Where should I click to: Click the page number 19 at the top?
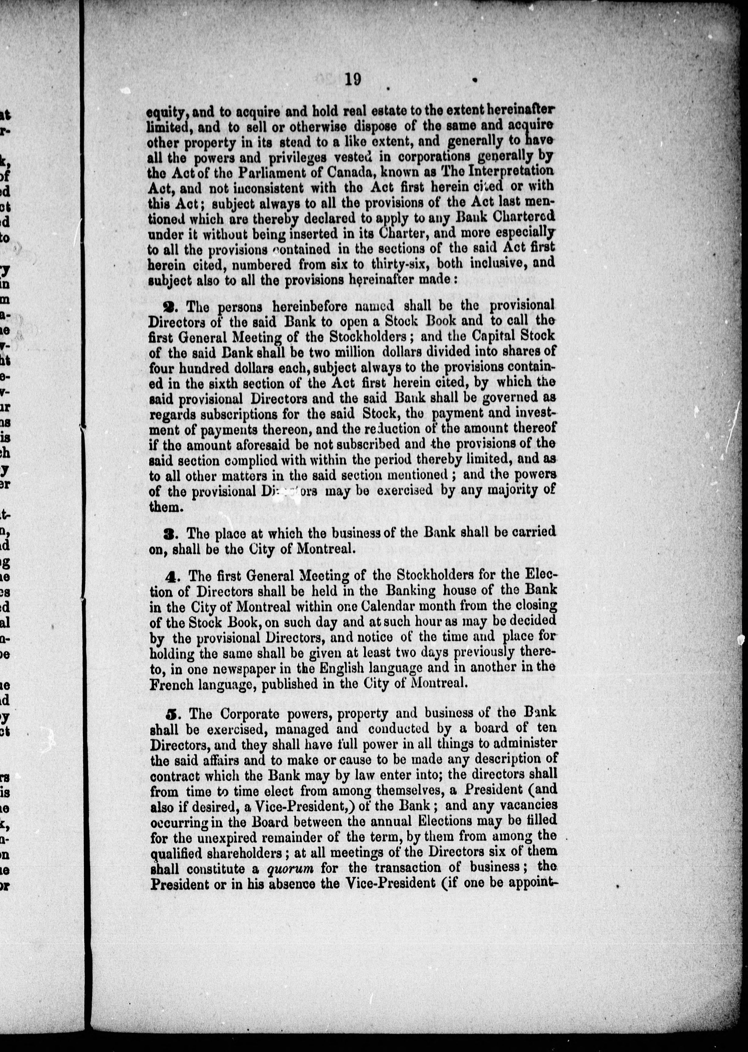352,80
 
